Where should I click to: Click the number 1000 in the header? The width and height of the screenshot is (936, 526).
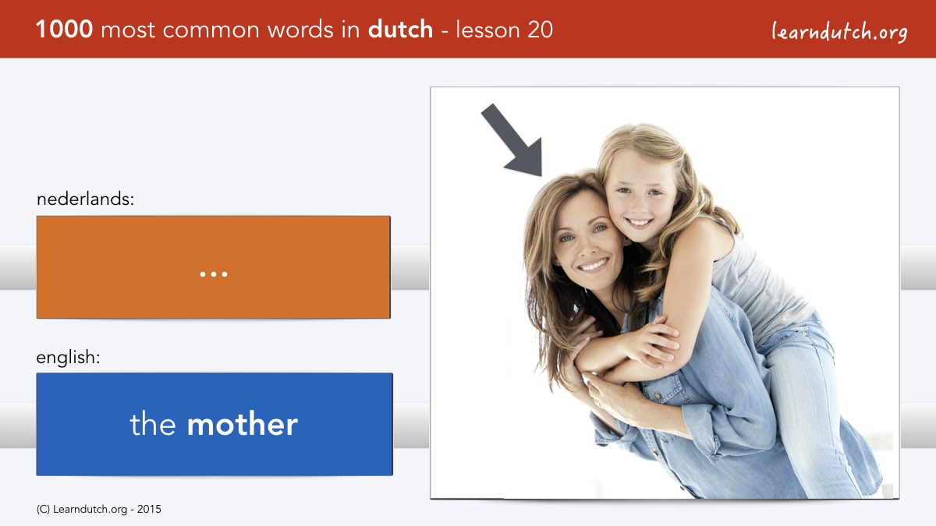point(64,30)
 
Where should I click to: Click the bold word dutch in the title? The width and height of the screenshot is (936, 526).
point(400,29)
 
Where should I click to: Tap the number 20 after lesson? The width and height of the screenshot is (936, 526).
point(541,30)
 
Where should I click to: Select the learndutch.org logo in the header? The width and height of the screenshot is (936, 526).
point(839,32)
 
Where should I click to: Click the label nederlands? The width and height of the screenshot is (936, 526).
point(85,199)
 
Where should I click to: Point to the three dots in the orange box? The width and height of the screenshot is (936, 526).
point(214,274)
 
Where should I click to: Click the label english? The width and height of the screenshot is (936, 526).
point(68,358)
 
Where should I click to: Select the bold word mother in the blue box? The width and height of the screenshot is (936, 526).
point(243,424)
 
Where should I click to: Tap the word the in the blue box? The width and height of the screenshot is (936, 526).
point(153,424)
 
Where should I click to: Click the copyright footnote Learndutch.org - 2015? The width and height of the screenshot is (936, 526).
point(98,510)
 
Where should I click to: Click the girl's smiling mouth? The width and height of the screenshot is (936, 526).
point(639,222)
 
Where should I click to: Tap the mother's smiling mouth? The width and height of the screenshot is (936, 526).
point(594,265)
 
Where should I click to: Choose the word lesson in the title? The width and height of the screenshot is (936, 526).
point(488,30)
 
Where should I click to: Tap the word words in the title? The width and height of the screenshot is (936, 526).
point(301,30)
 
